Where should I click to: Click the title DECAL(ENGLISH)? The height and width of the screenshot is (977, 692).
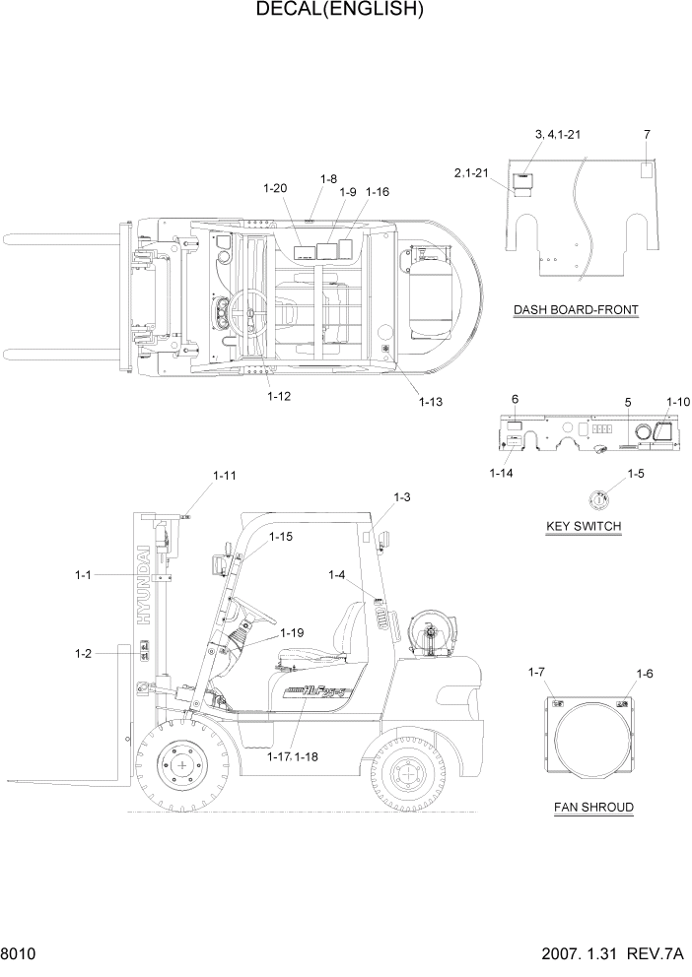(x=340, y=11)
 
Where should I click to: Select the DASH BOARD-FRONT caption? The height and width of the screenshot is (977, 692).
(x=576, y=310)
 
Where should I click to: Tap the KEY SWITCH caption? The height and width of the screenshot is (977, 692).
(x=584, y=526)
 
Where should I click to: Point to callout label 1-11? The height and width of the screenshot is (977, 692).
(x=225, y=476)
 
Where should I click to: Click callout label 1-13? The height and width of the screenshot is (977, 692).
(x=431, y=401)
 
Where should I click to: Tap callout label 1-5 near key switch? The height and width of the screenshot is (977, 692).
(x=636, y=474)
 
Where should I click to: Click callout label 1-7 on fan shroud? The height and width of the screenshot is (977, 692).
(x=536, y=672)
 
